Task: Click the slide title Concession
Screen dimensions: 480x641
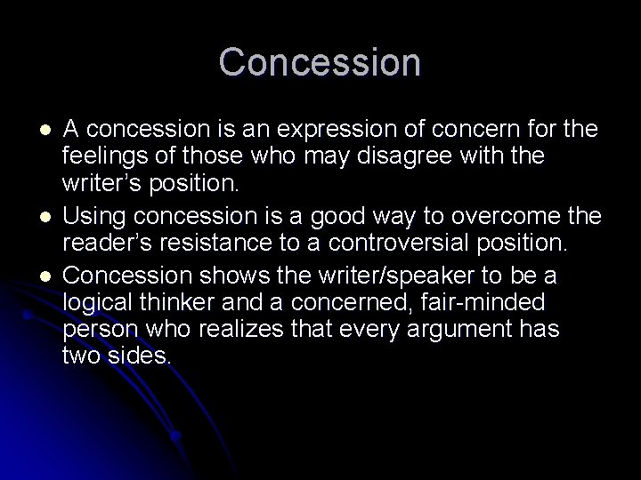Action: pyautogui.click(x=320, y=62)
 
